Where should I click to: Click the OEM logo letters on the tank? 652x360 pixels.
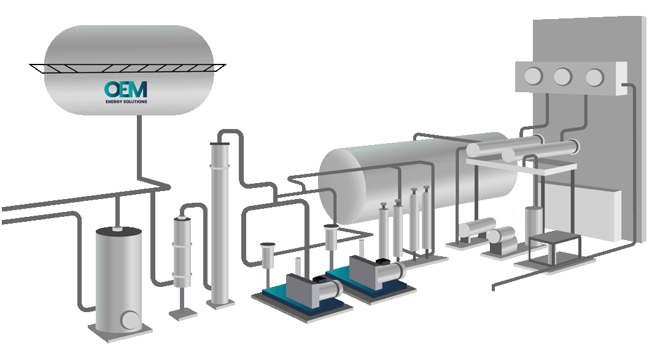pos(125,89)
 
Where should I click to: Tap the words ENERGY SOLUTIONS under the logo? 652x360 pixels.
pos(126,101)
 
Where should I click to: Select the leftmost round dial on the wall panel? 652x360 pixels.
pos(532,76)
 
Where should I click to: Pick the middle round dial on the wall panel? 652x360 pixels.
pos(562,77)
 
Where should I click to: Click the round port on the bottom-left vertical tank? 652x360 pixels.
pos(130,319)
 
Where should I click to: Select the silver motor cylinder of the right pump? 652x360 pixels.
pos(395,272)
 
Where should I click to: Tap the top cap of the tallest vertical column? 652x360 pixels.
pos(219,144)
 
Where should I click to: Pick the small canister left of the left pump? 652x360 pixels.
pos(268,252)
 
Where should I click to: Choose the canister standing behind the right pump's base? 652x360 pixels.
pos(332,237)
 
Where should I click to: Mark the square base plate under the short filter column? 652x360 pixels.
pos(183,314)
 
